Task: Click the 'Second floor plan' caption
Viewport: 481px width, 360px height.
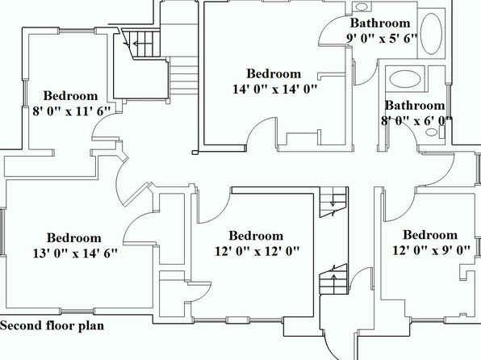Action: coord(52,325)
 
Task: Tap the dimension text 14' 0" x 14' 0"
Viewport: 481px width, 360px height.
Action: coord(274,89)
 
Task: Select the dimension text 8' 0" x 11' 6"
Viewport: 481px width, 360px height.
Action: coord(72,111)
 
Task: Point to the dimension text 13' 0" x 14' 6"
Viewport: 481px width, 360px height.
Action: coord(75,253)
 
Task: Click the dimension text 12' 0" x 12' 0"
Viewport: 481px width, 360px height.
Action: coord(257,251)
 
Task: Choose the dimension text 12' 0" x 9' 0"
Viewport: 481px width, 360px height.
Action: coord(431,250)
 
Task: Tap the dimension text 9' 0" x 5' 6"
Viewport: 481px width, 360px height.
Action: coord(383,39)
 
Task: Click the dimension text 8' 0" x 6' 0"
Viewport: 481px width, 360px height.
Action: coord(416,121)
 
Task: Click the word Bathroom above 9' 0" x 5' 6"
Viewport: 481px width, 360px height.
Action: coord(380,23)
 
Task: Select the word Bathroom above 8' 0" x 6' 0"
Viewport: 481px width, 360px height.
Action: coord(415,106)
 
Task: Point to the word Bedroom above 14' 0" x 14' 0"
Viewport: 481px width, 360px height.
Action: coord(274,73)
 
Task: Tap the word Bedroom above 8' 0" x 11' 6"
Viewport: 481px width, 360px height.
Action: coord(70,96)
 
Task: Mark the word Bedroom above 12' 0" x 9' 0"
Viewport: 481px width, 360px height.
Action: coord(430,235)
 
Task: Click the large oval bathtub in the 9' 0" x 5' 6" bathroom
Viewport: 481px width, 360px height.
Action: coord(431,34)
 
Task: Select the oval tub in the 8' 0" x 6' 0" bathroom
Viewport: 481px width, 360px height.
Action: coord(405,79)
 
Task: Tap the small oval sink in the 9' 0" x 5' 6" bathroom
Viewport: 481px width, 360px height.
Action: coord(362,6)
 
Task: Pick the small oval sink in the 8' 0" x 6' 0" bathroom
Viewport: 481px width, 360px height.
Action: coord(432,132)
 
